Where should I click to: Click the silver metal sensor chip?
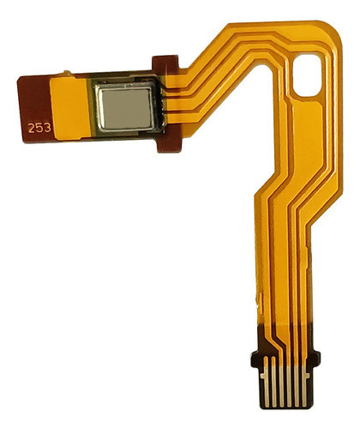tap(125, 108)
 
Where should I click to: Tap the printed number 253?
tap(39, 127)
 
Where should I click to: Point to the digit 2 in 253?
tap(32, 127)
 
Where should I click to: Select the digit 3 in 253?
tap(45, 127)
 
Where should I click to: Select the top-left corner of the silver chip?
tap(97, 88)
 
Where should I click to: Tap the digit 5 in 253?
tap(39, 127)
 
